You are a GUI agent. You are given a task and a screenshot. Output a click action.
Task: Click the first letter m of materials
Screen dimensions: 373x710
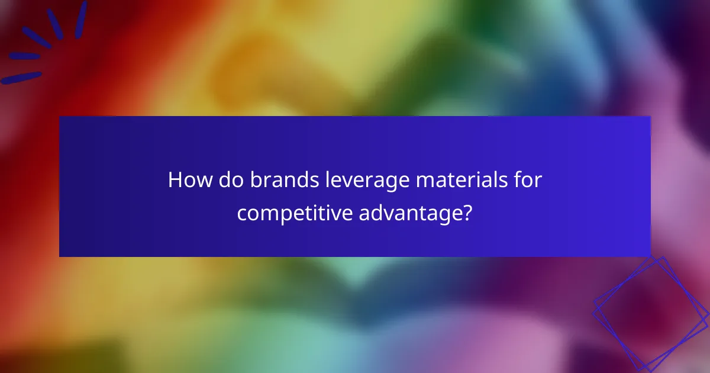pos(426,182)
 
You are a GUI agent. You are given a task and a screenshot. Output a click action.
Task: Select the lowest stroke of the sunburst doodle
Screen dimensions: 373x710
pos(21,78)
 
